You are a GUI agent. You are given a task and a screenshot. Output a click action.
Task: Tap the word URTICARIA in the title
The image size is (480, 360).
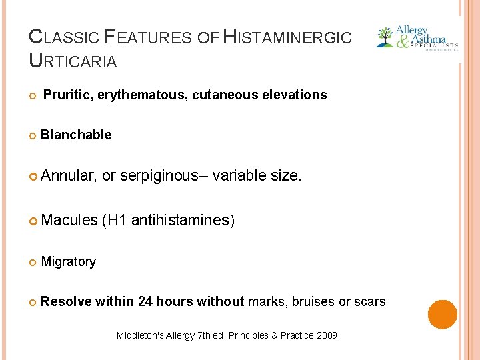73,61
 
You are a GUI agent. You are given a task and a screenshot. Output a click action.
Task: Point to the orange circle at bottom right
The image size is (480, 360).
442,314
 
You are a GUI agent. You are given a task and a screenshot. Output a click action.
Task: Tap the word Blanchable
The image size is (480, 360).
76,135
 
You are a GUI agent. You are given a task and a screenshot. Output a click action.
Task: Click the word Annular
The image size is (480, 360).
69,176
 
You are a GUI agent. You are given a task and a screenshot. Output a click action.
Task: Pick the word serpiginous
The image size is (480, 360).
157,176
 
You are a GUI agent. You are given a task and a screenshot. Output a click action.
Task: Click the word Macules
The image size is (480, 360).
69,219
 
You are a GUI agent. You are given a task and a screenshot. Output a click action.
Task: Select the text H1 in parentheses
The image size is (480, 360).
116,219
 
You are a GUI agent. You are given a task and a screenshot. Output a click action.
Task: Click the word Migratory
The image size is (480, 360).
68,262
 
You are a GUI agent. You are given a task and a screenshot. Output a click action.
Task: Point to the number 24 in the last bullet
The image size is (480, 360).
145,302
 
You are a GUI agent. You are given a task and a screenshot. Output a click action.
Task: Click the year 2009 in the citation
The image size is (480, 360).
326,335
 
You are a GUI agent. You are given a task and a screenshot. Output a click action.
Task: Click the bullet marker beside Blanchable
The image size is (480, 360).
33,135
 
